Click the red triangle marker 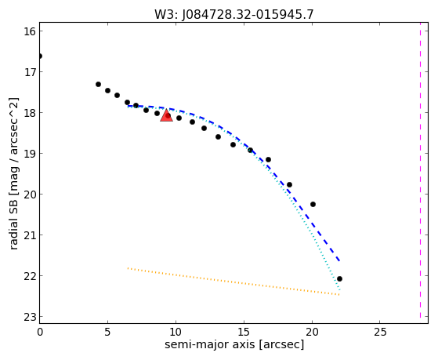(166, 116)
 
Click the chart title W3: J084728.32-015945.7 (234, 15)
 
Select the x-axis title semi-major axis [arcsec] (234, 344)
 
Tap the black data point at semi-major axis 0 (40, 56)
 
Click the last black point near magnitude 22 (339, 279)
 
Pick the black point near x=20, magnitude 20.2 (313, 205)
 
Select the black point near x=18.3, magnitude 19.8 (289, 185)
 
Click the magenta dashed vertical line (420, 170)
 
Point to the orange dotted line (233, 282)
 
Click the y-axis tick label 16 (30, 31)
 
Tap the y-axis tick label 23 (30, 317)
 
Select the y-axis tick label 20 (30, 195)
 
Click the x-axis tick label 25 (380, 333)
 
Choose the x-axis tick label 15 (244, 333)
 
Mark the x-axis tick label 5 (108, 333)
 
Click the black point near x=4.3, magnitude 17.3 (98, 85)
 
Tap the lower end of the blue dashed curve (339, 260)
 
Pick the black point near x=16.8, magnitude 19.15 (268, 160)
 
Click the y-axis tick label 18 (30, 113)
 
